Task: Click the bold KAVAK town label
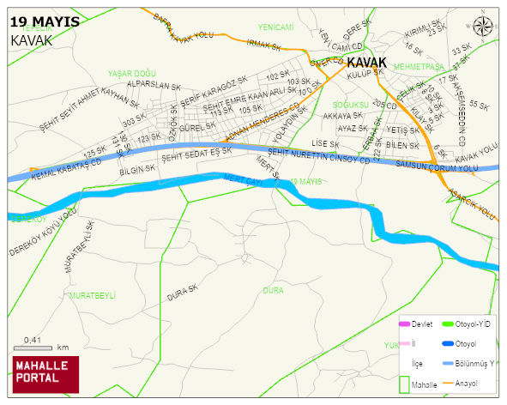366,62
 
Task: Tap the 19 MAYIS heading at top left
45,21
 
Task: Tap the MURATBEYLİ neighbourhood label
92,295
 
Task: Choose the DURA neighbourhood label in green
273,291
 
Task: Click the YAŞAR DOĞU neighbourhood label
132,74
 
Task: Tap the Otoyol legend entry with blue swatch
467,344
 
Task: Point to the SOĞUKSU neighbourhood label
351,104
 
